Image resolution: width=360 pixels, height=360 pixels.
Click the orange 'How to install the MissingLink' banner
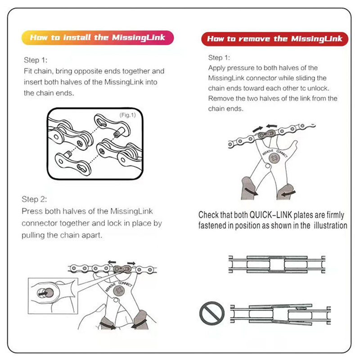pyautogui.click(x=97, y=37)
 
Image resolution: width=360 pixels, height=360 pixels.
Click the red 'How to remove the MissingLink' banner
pyautogui.click(x=274, y=39)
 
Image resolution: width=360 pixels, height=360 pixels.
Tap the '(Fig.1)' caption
pyautogui.click(x=127, y=115)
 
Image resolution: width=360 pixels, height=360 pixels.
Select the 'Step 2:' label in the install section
pyautogui.click(x=34, y=199)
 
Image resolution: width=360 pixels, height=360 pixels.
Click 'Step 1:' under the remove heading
pyautogui.click(x=219, y=58)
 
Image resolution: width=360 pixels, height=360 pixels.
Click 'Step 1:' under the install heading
pyautogui.click(x=35, y=60)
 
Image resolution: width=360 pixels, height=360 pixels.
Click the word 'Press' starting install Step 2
pyautogui.click(x=31, y=211)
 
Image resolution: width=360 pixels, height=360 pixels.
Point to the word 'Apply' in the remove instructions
pyautogui.click(x=217, y=68)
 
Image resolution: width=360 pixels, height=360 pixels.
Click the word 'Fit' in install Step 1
pyautogui.click(x=28, y=71)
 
